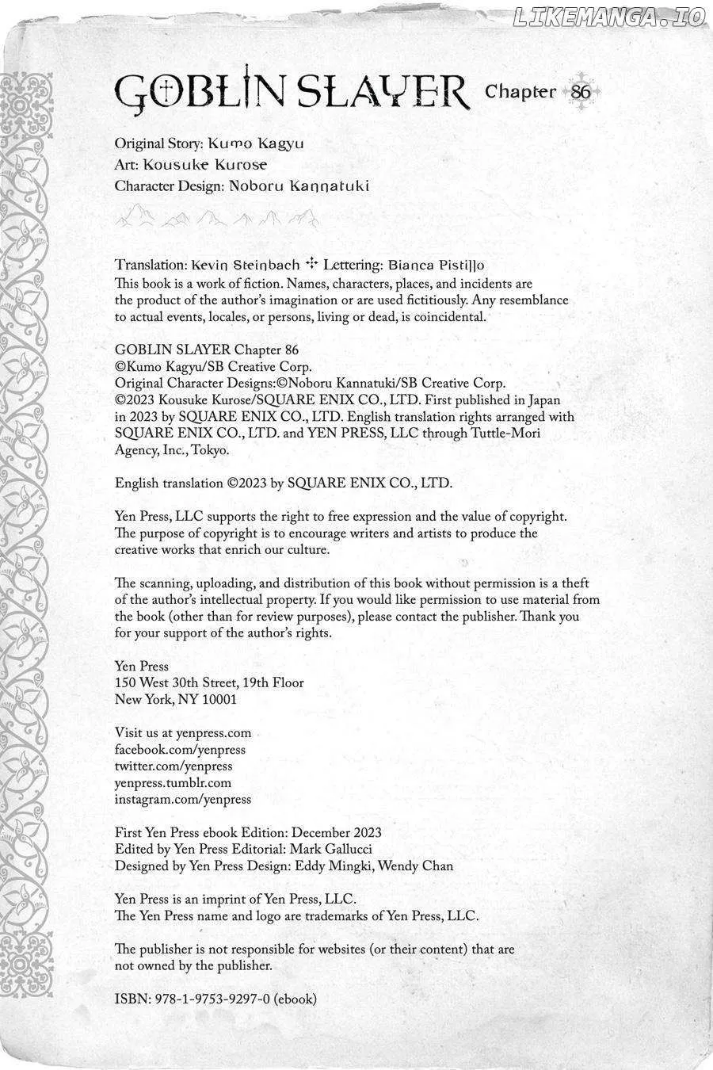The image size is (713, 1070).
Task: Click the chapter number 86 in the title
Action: coord(581,91)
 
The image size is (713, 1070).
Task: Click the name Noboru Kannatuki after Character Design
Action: coord(299,186)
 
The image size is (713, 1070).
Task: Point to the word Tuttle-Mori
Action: coord(501,434)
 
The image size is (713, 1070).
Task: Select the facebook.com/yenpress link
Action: coord(180,750)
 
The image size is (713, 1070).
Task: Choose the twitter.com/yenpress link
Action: coord(173,766)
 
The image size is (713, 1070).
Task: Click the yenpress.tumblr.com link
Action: coord(173,783)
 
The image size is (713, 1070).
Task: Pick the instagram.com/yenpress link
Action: coord(182,800)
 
